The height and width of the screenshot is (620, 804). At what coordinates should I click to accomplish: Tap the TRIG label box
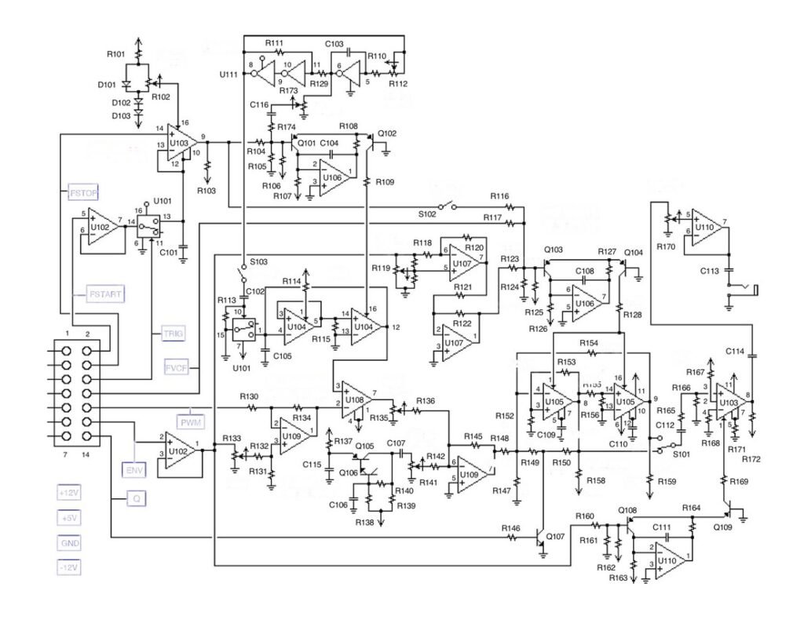tap(173, 334)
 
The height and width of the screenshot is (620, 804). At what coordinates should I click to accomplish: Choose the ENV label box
tap(133, 470)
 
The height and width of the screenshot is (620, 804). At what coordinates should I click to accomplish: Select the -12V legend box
tap(69, 567)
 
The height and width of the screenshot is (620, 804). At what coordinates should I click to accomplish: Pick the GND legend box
tap(69, 543)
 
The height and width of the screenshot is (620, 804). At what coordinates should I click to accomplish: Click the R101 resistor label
tap(116, 55)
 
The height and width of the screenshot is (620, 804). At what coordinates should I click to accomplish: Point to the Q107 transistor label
tap(554, 536)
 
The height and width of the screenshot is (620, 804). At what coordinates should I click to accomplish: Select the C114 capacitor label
tap(735, 351)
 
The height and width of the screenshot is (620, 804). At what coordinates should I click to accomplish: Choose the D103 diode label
tap(119, 116)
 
